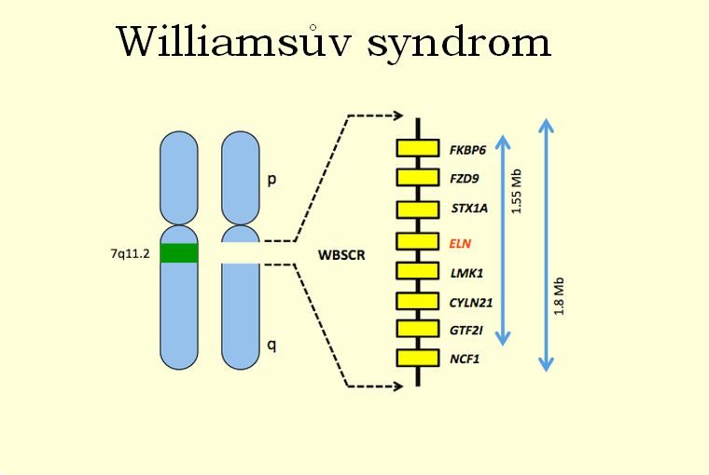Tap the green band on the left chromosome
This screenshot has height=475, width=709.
[179, 252]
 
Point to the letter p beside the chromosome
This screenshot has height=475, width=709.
[271, 179]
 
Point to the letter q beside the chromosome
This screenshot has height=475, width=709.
[271, 345]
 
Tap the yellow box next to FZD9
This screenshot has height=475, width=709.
[417, 178]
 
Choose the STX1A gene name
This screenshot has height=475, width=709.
[467, 209]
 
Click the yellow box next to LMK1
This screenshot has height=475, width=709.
[417, 271]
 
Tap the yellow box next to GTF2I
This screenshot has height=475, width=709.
[417, 329]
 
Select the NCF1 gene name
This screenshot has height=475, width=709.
[465, 359]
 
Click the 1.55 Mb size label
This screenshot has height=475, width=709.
[519, 192]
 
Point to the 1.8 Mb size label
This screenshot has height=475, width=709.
[560, 296]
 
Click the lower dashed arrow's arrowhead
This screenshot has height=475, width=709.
[399, 384]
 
